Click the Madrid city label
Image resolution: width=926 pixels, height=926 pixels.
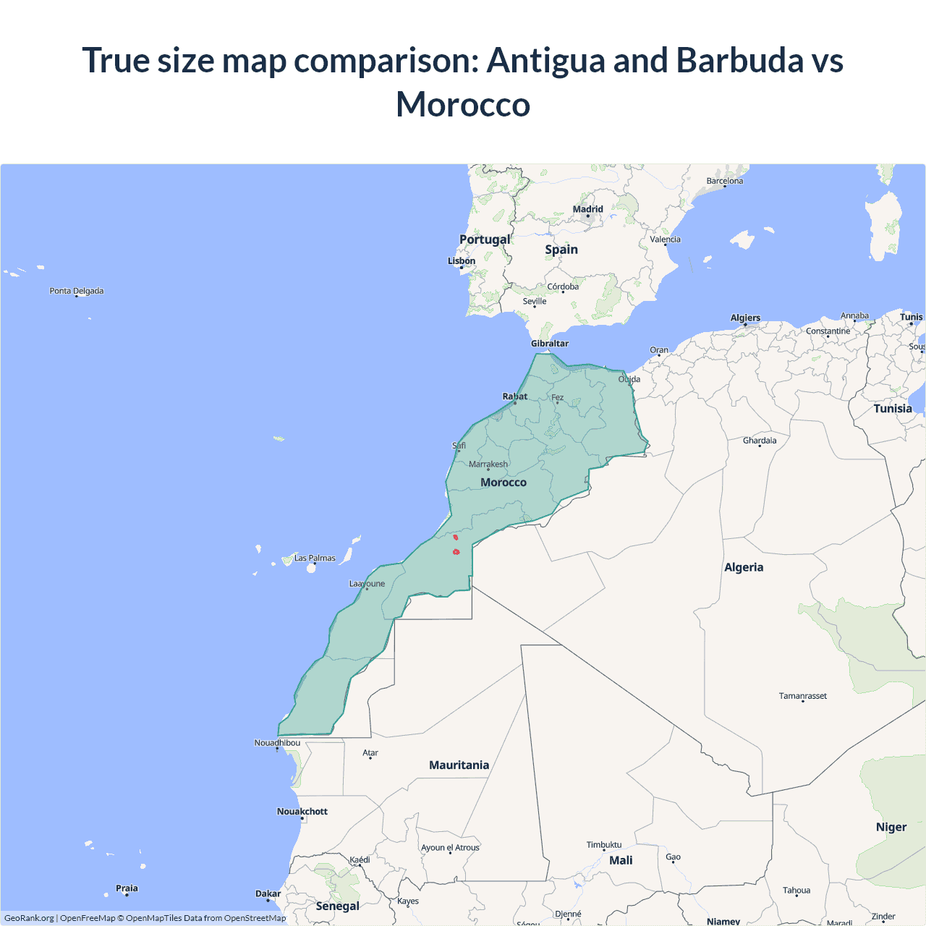(587, 209)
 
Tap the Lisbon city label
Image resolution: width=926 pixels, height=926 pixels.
(462, 261)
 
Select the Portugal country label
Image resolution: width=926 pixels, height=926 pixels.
(485, 239)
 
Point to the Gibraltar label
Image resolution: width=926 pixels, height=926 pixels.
(550, 344)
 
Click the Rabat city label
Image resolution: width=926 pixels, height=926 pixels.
(515, 396)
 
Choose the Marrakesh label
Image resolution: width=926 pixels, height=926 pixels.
(488, 464)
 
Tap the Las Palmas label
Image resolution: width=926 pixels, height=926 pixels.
(315, 558)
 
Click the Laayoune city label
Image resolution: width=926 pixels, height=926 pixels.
(367, 584)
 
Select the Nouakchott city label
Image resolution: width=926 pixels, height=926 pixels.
(302, 812)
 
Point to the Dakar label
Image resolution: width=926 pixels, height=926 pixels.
(268, 893)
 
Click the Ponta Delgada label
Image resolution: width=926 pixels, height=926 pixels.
(77, 291)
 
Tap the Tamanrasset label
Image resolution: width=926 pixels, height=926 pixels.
(803, 696)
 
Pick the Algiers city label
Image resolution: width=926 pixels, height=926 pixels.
(745, 318)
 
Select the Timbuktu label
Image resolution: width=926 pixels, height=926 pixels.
(604, 845)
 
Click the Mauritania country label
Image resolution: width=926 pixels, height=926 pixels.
(459, 765)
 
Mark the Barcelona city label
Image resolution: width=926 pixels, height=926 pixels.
(725, 181)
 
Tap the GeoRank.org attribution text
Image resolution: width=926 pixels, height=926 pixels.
(29, 918)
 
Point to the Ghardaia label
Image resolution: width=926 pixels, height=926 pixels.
(760, 441)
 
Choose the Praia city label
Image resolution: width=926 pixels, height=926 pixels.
(127, 888)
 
